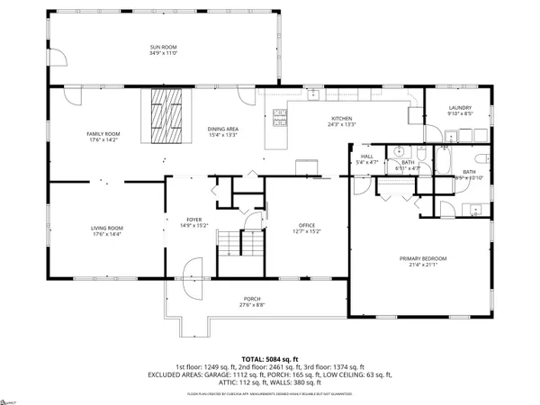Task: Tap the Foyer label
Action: (193, 219)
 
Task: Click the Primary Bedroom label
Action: (423, 258)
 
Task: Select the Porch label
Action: (252, 299)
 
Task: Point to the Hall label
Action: (366, 157)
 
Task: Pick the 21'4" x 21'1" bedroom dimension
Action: (423, 265)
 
